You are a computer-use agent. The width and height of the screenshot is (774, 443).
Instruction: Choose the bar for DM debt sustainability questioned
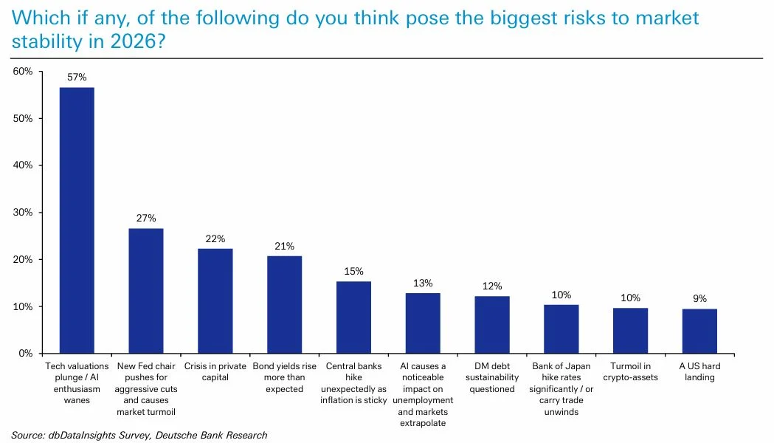[x=491, y=325]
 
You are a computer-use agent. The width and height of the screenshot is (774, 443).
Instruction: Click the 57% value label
[x=77, y=78]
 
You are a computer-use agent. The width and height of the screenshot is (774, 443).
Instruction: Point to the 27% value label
[x=146, y=219]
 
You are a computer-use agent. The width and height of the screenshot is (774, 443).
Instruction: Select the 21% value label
[x=284, y=246]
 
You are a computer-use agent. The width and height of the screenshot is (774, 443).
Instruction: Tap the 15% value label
[x=353, y=271]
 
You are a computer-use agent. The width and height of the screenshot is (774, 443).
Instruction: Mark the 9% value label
[x=699, y=298]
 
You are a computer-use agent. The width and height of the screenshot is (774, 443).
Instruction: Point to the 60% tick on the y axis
[x=23, y=72]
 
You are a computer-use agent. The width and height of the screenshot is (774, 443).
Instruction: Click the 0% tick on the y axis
[x=26, y=354]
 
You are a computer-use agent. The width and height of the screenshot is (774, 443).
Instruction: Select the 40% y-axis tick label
[x=23, y=165]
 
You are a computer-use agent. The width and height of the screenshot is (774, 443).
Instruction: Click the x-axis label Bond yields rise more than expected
[x=284, y=377]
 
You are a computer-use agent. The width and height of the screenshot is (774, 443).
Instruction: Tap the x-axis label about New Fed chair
[x=146, y=388]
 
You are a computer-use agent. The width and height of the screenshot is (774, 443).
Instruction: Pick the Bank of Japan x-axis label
[x=561, y=388]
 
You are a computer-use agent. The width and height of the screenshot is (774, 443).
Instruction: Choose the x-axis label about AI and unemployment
[x=422, y=394]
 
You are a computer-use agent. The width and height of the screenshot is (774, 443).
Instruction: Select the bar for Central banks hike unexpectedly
[x=353, y=317]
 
